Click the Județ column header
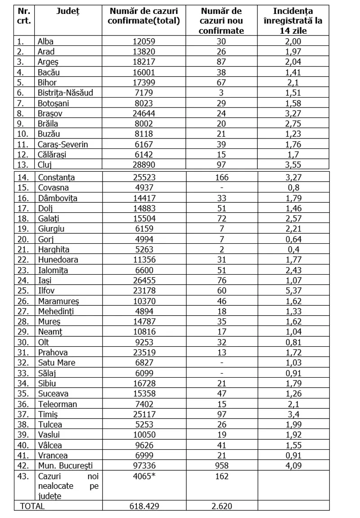68,10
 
